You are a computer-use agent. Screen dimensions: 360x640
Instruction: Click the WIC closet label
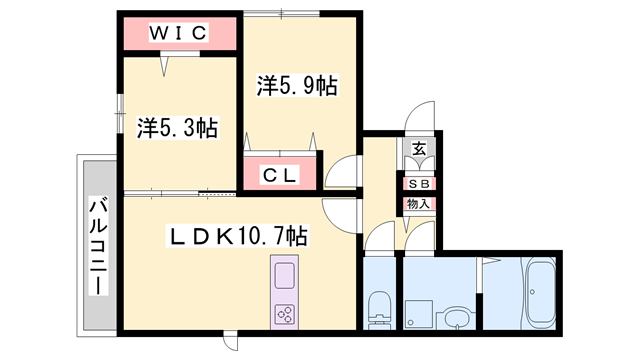click(179, 34)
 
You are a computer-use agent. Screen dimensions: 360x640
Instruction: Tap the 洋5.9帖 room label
click(296, 87)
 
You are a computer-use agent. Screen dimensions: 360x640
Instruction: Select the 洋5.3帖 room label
click(177, 127)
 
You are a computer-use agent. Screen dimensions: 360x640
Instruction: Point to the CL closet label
click(280, 176)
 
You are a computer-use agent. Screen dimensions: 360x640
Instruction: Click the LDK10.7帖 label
click(236, 236)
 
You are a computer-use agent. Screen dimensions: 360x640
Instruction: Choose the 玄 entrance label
click(420, 149)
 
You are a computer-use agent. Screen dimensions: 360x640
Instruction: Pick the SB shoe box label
click(419, 184)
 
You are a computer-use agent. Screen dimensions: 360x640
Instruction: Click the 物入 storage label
click(419, 204)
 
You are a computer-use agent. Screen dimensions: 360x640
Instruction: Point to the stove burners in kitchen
click(284, 314)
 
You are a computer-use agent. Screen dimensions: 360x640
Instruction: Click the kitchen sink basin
click(284, 275)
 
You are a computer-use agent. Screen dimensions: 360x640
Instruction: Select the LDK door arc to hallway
click(340, 213)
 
